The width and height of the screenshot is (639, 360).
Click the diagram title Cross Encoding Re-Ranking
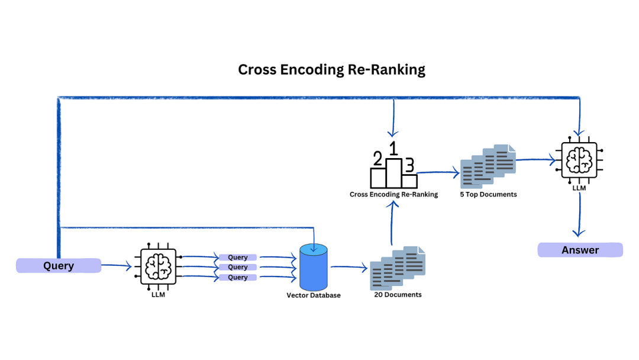click(x=331, y=69)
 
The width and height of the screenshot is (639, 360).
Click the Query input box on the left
click(x=59, y=266)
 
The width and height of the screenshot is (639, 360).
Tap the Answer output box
click(x=580, y=250)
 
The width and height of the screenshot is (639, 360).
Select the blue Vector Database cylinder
click(x=314, y=267)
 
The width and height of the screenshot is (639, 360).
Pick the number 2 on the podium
click(x=377, y=159)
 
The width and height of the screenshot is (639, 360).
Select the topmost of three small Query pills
click(x=238, y=258)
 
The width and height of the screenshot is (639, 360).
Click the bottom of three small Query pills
click(x=238, y=277)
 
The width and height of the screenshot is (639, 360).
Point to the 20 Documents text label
click(x=398, y=294)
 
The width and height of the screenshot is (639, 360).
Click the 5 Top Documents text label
click(x=488, y=194)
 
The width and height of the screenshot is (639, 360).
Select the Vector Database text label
click(x=314, y=295)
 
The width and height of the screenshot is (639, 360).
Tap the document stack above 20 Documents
click(x=398, y=267)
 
